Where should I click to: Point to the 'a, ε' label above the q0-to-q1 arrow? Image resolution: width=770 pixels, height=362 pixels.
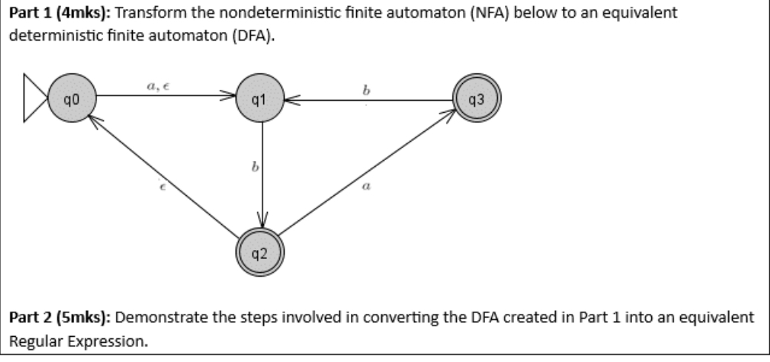[157, 87]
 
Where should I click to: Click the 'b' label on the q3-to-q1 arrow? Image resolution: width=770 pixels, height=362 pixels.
[366, 90]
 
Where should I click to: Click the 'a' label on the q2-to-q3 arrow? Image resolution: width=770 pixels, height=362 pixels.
[366, 188]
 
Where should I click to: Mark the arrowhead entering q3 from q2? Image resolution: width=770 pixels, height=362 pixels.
[449, 113]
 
